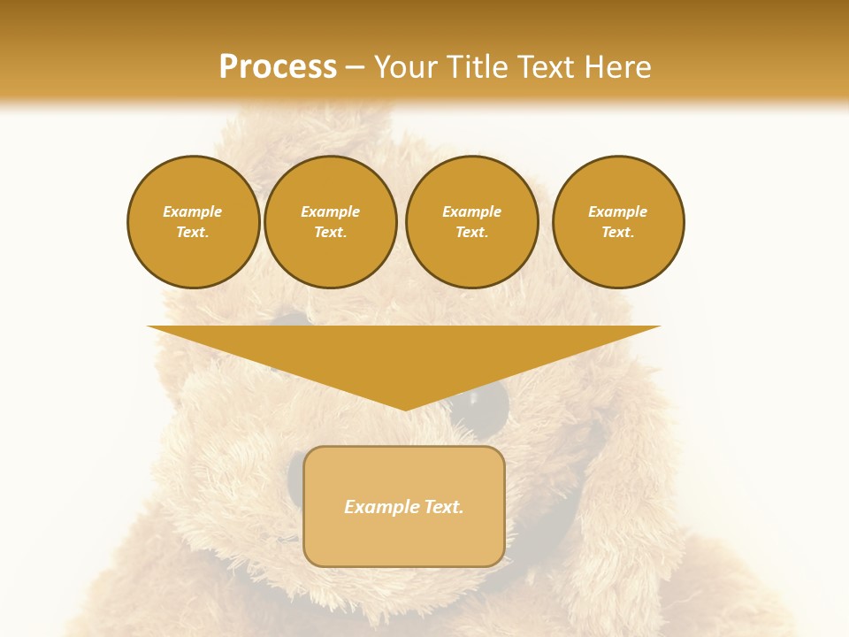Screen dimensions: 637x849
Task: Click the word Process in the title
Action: [278, 67]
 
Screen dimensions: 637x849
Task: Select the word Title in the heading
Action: [478, 67]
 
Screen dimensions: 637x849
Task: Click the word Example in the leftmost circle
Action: [193, 211]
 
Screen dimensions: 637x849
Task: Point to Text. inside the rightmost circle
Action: [617, 232]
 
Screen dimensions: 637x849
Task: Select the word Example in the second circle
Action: [330, 211]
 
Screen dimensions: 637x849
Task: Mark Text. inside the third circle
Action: [471, 232]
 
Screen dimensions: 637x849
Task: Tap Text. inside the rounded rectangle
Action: [442, 507]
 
